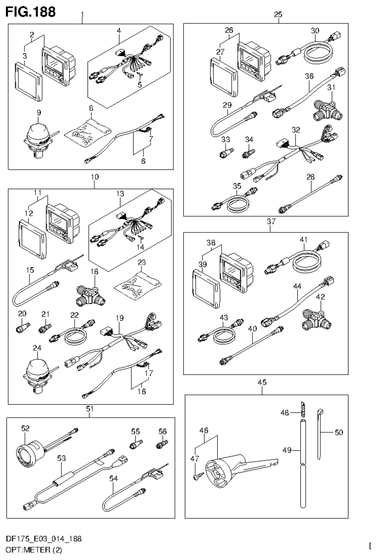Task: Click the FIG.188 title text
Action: [x=30, y=10]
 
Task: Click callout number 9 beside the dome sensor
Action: [x=24, y=112]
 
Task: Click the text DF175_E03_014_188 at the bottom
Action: [x=44, y=539]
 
